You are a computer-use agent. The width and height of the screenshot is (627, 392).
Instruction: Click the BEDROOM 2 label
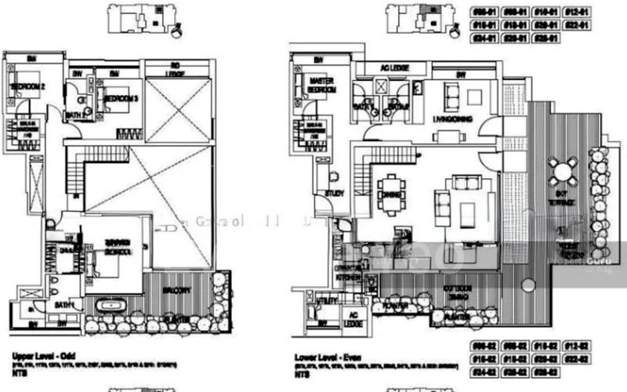click(24, 86)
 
